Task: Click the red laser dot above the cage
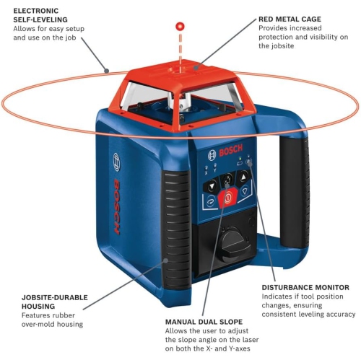tap(178, 27)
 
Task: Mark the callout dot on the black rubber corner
tap(165, 260)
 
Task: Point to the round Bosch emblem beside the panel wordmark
tap(212, 155)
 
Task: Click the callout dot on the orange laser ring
tap(106, 71)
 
